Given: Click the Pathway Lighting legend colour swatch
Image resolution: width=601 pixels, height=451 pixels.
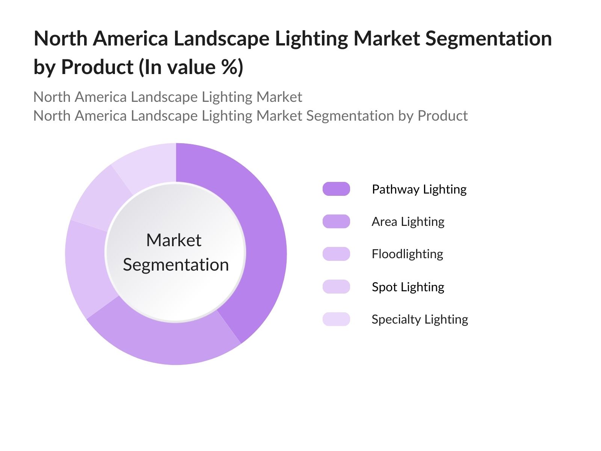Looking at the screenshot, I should [336, 189].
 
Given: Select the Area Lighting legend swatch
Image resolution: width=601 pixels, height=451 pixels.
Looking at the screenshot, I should [336, 221].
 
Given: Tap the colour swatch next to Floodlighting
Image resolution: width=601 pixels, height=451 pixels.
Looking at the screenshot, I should [336, 254].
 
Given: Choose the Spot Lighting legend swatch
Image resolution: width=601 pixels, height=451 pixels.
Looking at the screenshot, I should [336, 287].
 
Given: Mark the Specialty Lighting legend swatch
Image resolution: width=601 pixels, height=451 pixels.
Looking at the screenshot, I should [336, 319].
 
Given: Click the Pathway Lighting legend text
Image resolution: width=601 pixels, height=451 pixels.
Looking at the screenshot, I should [419, 189].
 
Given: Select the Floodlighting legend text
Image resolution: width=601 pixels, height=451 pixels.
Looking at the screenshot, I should [407, 254].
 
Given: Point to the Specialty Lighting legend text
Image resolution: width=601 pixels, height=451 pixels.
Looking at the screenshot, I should [420, 319].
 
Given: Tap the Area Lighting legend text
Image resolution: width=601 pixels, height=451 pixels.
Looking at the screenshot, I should [408, 222].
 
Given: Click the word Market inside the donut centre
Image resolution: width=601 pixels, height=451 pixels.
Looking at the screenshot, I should [174, 240].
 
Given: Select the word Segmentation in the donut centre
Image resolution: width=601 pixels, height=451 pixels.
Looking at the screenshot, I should [176, 265].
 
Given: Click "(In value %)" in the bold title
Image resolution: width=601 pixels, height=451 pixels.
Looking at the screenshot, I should [191, 67].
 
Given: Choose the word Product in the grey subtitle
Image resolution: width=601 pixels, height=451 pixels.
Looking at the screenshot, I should [442, 116].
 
